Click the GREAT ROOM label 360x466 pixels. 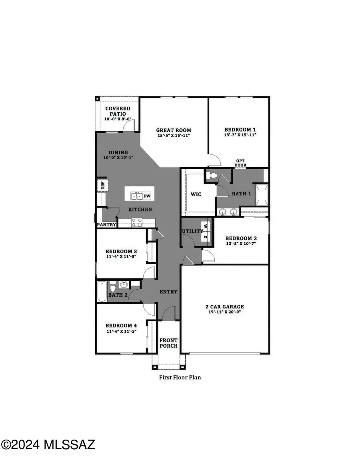click(x=173, y=130)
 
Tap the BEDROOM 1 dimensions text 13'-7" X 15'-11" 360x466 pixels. click(x=240, y=135)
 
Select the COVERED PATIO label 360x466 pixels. click(x=118, y=111)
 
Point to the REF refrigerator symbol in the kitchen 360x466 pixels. click(x=102, y=185)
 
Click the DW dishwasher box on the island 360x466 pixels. click(x=147, y=196)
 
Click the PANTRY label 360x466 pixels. click(x=106, y=225)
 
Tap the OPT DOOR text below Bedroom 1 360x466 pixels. click(x=240, y=162)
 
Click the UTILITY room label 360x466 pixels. click(x=191, y=232)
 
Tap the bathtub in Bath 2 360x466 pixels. click(x=102, y=291)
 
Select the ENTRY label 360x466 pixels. click(x=168, y=292)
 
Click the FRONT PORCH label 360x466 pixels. click(x=168, y=343)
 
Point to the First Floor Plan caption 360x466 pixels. click(x=180, y=377)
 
